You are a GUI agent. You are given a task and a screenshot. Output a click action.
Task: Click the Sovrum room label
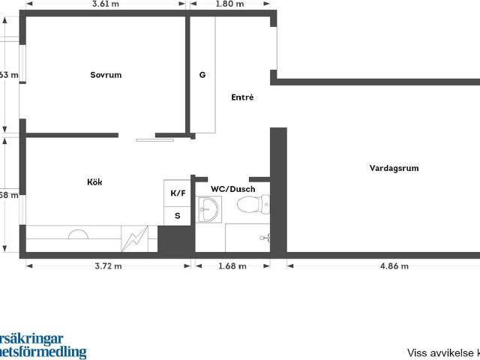pos(106,75)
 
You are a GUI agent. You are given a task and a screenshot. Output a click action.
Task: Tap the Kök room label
pos(94,182)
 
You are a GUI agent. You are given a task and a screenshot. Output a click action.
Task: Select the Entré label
pos(242,97)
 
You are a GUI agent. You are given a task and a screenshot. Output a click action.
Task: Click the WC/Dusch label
pos(232,189)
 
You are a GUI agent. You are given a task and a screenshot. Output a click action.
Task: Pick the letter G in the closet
pos(202,76)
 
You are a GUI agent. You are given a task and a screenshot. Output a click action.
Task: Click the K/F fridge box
pos(178,193)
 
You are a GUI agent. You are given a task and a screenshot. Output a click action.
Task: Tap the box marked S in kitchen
pos(178,215)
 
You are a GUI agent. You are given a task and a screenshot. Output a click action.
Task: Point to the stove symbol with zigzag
pos(135,239)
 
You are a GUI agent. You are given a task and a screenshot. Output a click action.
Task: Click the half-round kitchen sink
pos(78,234)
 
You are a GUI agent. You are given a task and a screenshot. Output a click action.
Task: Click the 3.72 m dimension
pos(108,265)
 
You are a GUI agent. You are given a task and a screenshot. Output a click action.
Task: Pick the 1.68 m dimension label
pos(232,265)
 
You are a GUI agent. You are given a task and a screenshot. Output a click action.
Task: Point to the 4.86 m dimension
pos(394,265)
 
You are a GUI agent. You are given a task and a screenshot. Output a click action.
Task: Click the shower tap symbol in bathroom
pos(265,238)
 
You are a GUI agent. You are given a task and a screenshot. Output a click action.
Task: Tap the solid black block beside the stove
pos(175,239)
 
